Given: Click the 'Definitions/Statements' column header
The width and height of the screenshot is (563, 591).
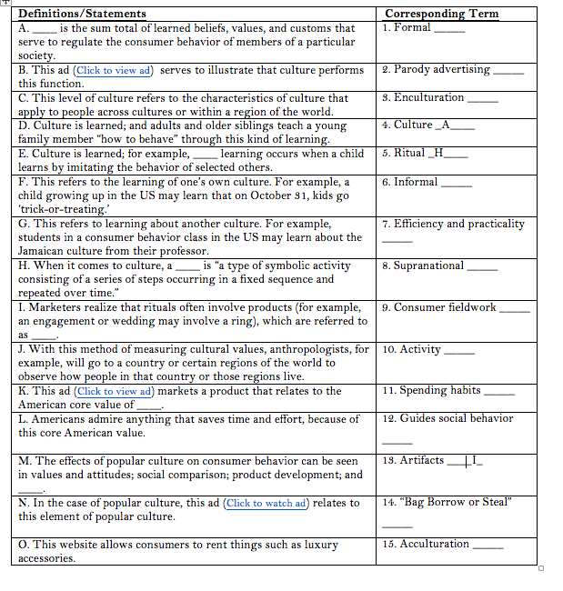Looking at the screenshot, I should tap(82, 14).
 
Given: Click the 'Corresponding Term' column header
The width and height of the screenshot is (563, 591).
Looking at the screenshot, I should tap(441, 14).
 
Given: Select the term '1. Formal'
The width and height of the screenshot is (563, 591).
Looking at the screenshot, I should tap(407, 27).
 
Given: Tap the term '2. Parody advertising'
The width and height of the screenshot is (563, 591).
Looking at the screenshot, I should tap(436, 69).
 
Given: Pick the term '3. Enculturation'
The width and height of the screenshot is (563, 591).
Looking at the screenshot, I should tap(423, 97).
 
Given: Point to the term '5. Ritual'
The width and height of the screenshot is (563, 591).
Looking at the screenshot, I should tap(403, 153).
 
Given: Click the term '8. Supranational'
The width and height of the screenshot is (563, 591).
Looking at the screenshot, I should tap(423, 265).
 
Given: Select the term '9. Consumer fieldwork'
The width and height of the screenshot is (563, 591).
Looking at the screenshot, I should tap(438, 307).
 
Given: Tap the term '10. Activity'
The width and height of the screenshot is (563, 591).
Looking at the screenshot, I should tap(411, 348).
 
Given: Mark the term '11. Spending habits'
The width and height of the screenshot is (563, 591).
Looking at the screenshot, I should tap(431, 390).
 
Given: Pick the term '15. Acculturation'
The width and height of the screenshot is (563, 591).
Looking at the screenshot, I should tap(426, 544).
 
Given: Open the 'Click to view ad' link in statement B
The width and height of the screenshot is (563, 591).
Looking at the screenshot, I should tap(114, 70).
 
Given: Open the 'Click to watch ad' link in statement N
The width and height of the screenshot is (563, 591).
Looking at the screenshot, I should tap(266, 503).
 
